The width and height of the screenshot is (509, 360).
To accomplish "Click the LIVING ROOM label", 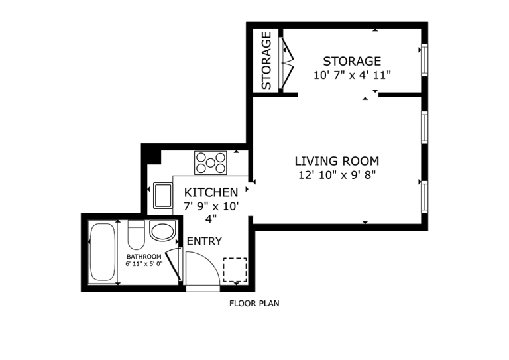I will [337, 161].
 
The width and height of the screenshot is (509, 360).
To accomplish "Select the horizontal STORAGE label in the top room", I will [352, 62].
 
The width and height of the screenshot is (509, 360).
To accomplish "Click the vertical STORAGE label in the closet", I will [266, 60].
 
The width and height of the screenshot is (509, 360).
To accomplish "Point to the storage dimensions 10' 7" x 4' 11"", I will [352, 75].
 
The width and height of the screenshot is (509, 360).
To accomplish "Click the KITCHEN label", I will [211, 192].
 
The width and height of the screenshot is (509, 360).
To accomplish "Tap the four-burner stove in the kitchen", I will [210, 162].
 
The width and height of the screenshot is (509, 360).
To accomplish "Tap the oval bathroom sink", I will [162, 232].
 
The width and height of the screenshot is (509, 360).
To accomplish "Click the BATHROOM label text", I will [144, 257].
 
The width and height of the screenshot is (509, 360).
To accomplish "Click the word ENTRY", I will [204, 241].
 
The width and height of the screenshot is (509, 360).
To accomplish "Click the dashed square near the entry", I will [235, 269].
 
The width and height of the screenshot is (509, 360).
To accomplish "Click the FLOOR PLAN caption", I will [254, 304].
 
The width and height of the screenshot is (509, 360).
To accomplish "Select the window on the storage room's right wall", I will [424, 60].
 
